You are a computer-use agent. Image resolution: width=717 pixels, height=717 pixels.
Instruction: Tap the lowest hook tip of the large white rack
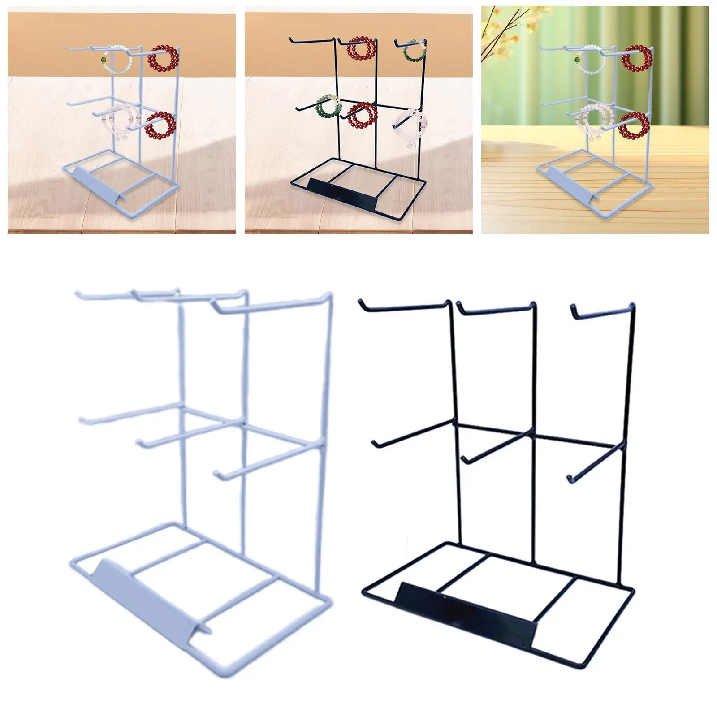coord(218,474)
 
